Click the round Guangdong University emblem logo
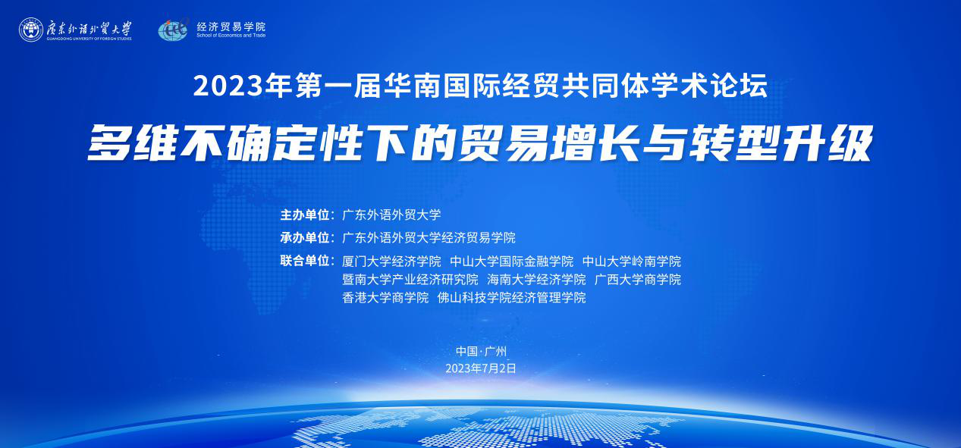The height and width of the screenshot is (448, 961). [31, 30]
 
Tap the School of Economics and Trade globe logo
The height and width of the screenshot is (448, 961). [173, 30]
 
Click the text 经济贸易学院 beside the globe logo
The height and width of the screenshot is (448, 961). [231, 27]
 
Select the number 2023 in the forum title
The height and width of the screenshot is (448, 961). [228, 86]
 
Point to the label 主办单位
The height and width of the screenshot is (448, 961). [305, 215]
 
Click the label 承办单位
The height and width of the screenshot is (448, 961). [305, 237]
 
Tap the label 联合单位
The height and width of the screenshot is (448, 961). [305, 261]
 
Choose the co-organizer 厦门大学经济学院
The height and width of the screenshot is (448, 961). [391, 261]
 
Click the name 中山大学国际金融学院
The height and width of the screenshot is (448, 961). [512, 261]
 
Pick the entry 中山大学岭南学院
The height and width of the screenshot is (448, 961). [632, 261]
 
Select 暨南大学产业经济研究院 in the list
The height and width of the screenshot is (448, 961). [410, 280]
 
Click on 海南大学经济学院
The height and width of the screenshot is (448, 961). [536, 280]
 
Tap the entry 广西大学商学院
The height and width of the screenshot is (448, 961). [638, 280]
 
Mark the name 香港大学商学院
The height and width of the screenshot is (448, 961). [385, 297]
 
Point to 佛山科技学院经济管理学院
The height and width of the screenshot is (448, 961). [512, 297]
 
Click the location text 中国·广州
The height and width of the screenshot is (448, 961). [481, 352]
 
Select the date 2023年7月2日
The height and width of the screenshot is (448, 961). [481, 368]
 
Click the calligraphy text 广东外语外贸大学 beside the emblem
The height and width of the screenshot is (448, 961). [89, 28]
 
